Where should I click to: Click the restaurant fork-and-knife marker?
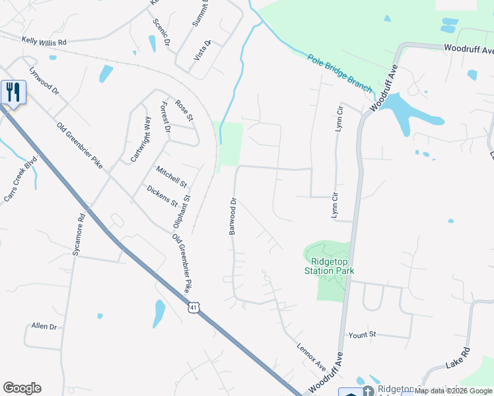(x=13, y=92)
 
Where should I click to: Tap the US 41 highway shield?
(x=193, y=308)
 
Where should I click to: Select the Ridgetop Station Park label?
(x=329, y=265)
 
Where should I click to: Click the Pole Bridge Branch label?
(x=339, y=74)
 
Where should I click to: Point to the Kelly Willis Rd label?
(x=44, y=42)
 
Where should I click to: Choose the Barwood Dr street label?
(x=232, y=216)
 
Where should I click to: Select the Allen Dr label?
(x=44, y=327)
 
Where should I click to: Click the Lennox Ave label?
(x=311, y=357)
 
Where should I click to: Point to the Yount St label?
(x=362, y=335)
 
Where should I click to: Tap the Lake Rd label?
(x=457, y=357)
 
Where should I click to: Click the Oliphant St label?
(x=182, y=211)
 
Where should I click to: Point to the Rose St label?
(x=184, y=110)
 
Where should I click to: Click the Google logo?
(x=22, y=388)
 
